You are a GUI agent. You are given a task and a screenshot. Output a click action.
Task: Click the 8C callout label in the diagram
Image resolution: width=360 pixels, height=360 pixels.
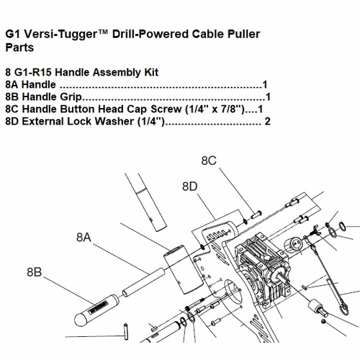209,161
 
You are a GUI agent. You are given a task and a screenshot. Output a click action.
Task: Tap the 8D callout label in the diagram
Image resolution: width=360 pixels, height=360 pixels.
190,186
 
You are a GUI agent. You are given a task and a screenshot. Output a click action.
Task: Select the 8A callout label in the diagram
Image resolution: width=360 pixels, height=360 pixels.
84,238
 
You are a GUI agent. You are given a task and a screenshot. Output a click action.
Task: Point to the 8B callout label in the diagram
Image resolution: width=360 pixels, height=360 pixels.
35,272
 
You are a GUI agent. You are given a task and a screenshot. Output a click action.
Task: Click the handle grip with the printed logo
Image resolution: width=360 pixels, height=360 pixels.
96,310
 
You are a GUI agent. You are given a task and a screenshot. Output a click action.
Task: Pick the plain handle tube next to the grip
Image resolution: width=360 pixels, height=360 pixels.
143,282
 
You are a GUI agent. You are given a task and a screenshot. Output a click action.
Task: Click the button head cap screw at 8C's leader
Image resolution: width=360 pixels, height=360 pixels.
256,215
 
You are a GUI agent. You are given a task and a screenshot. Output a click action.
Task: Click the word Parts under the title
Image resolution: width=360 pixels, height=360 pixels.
19,48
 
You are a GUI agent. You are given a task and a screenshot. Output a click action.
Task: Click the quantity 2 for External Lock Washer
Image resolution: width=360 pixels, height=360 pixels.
267,121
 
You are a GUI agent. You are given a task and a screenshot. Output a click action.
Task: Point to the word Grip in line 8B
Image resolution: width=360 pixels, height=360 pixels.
71,97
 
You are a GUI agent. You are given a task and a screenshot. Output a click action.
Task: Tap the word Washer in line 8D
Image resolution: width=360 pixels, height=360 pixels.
114,121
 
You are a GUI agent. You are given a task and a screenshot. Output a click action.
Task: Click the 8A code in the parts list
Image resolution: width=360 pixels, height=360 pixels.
12,84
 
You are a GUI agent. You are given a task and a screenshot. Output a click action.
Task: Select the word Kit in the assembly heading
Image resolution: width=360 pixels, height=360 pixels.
151,72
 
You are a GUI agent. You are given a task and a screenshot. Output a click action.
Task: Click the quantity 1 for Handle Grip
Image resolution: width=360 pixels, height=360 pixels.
268,96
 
